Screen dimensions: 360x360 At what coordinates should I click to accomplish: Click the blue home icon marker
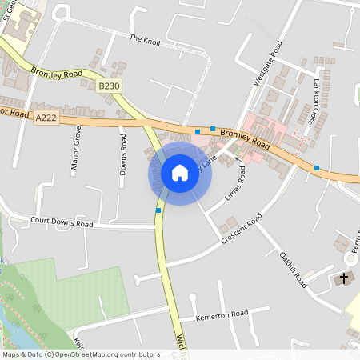coord(180,173)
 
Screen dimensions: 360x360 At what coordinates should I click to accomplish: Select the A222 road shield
coord(46,117)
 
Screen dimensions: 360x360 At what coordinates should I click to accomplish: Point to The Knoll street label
coord(145,38)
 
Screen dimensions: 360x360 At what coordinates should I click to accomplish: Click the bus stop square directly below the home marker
coord(159,210)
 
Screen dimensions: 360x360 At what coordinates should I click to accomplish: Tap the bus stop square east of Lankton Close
coord(318,167)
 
